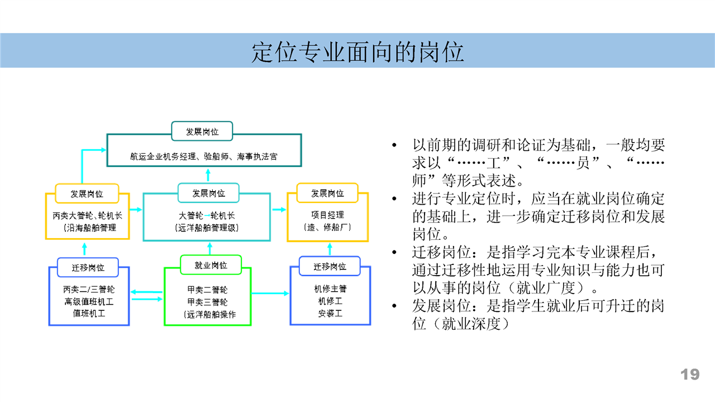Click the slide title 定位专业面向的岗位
point(357,52)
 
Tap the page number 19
point(690,374)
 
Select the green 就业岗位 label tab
point(211,265)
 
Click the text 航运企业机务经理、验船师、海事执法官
point(204,157)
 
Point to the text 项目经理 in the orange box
point(328,215)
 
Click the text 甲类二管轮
point(207,290)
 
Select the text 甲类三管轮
point(207,302)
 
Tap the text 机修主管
point(330,289)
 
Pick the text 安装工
point(330,314)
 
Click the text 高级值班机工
point(89,302)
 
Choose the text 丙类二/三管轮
point(89,290)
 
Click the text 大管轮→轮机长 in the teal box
point(207,216)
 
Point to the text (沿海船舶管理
point(90,228)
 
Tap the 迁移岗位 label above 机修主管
point(330,266)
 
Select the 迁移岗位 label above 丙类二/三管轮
point(88,267)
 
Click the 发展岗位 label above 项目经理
point(327,193)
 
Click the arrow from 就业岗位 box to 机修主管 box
point(270,294)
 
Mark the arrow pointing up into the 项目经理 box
point(330,249)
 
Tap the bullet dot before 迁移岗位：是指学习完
point(394,253)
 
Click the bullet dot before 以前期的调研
point(394,145)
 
